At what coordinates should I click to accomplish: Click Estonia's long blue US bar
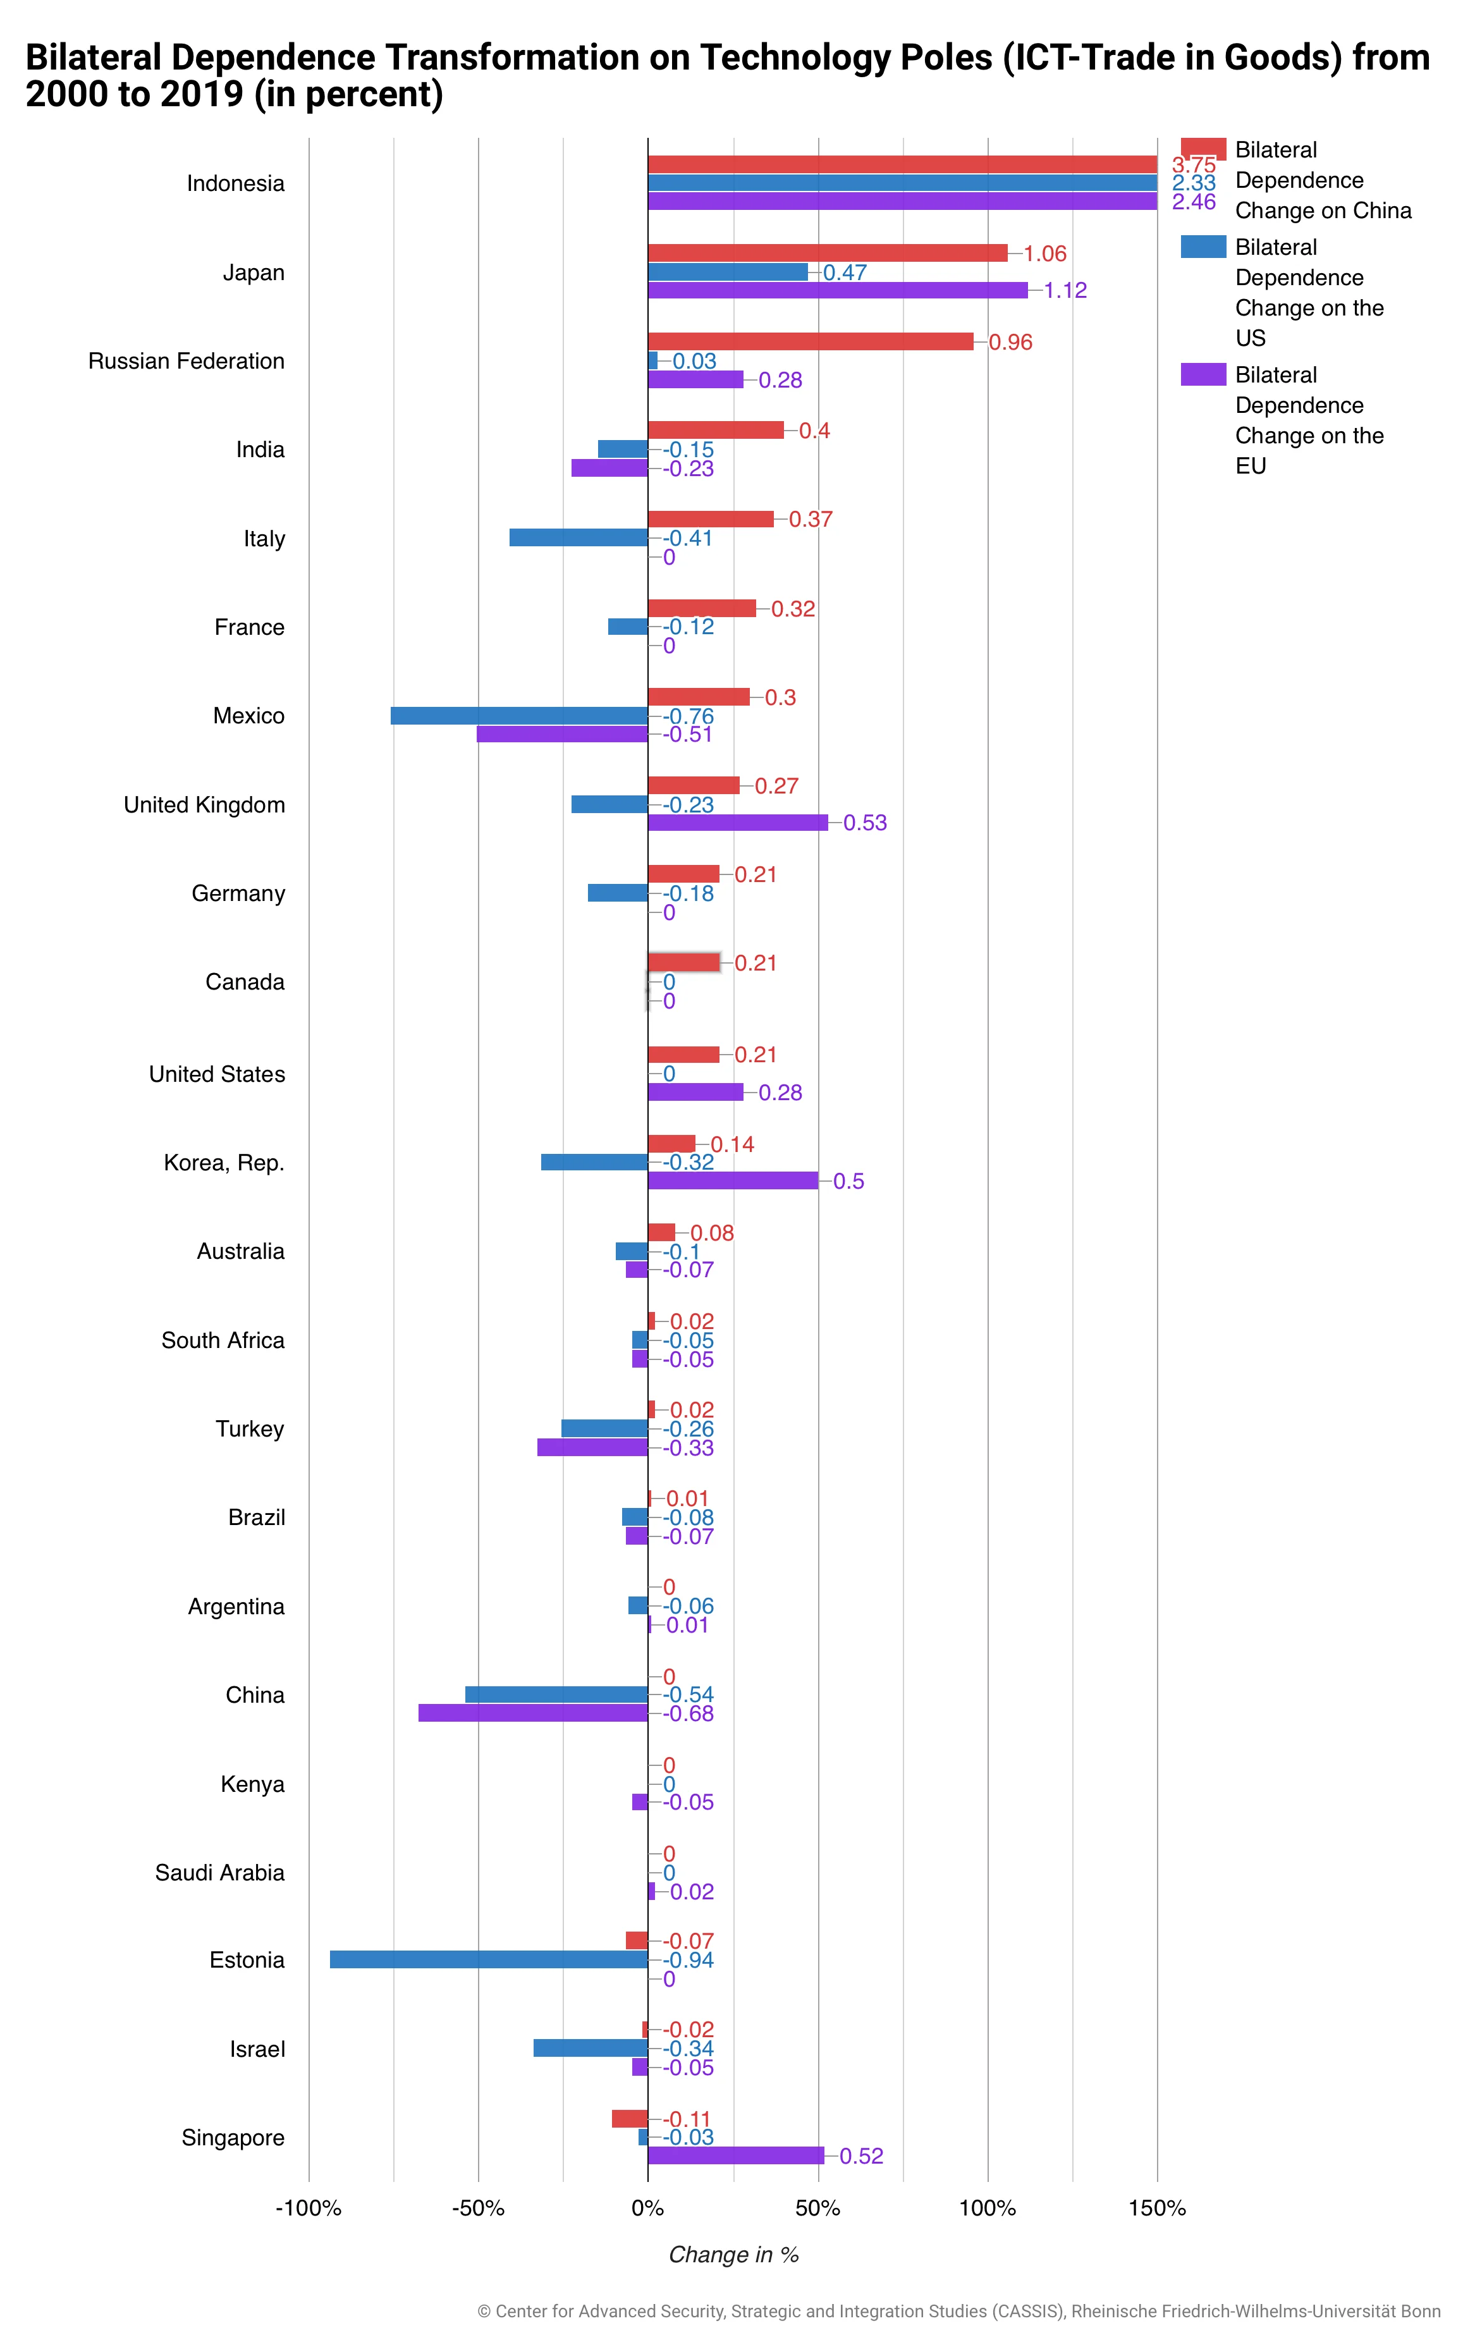click(x=489, y=1960)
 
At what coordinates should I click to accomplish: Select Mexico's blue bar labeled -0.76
click(x=520, y=716)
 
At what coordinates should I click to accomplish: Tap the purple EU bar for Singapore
click(x=735, y=2155)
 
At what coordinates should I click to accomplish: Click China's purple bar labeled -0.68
click(x=533, y=1713)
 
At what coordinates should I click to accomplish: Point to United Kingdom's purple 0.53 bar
click(x=737, y=823)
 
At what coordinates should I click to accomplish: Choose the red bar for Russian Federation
click(x=811, y=341)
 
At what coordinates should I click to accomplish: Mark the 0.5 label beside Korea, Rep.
click(x=848, y=1181)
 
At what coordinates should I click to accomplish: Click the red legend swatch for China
click(x=1203, y=150)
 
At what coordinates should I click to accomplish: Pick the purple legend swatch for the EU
click(x=1203, y=374)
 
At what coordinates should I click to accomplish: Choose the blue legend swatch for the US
click(x=1203, y=247)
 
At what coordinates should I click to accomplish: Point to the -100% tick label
click(x=309, y=2209)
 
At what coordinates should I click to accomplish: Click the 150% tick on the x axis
click(x=1157, y=2209)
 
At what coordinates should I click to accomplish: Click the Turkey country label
click(x=250, y=1429)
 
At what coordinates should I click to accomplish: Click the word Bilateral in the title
click(x=93, y=58)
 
